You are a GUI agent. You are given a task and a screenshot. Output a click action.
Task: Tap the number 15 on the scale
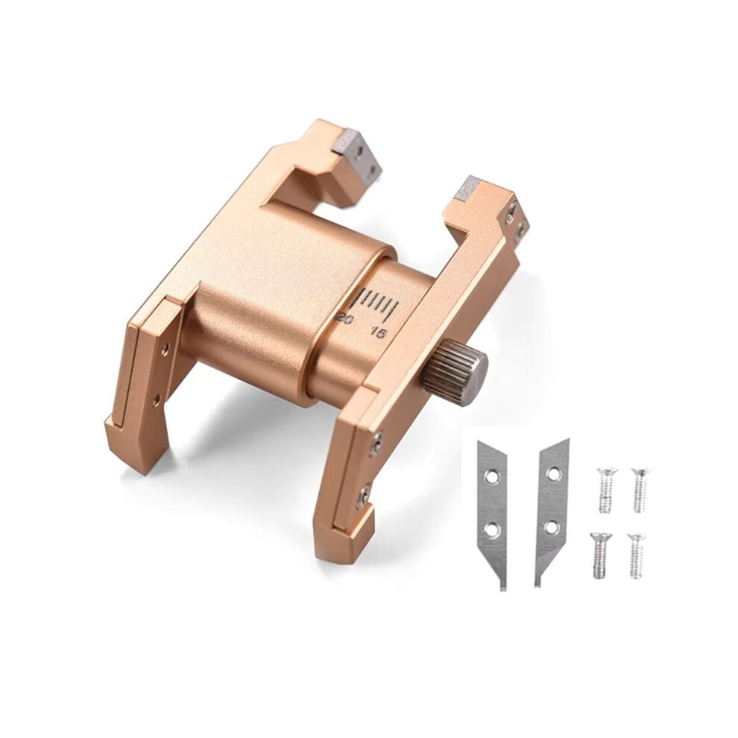[379, 333]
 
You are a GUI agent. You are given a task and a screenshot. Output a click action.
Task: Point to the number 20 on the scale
[347, 319]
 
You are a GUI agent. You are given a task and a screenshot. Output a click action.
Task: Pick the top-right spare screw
[639, 490]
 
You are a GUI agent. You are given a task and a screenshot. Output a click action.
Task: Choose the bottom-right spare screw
[637, 555]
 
